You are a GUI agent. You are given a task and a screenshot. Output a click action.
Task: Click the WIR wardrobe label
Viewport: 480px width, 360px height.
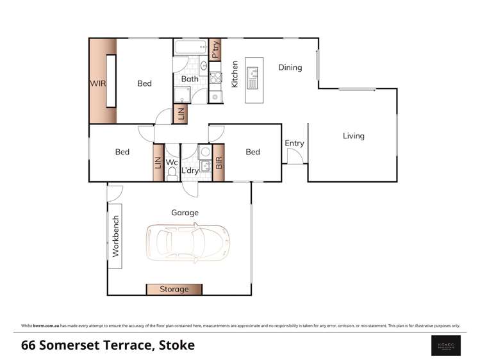click(98, 83)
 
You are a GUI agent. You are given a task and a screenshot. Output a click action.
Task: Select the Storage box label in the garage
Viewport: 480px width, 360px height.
click(174, 289)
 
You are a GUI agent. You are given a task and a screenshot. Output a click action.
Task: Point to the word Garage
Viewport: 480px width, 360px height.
click(185, 213)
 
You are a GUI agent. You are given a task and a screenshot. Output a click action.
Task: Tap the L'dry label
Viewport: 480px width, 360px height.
click(189, 171)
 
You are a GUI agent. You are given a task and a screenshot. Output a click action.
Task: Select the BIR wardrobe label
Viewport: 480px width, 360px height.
click(219, 163)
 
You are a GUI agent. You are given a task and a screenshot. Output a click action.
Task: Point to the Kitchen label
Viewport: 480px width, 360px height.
click(235, 74)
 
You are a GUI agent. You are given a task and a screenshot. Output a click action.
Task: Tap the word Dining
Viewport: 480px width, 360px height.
click(290, 67)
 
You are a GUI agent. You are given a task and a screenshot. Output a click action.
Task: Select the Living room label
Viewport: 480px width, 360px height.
click(353, 136)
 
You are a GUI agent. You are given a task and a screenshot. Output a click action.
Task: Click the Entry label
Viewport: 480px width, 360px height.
click(294, 143)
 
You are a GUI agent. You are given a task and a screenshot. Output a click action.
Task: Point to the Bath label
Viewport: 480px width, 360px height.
click(190, 79)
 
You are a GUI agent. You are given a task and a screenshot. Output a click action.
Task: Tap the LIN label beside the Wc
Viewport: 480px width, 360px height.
click(158, 163)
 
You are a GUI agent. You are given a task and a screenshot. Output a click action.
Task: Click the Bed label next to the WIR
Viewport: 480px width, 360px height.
click(144, 83)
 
